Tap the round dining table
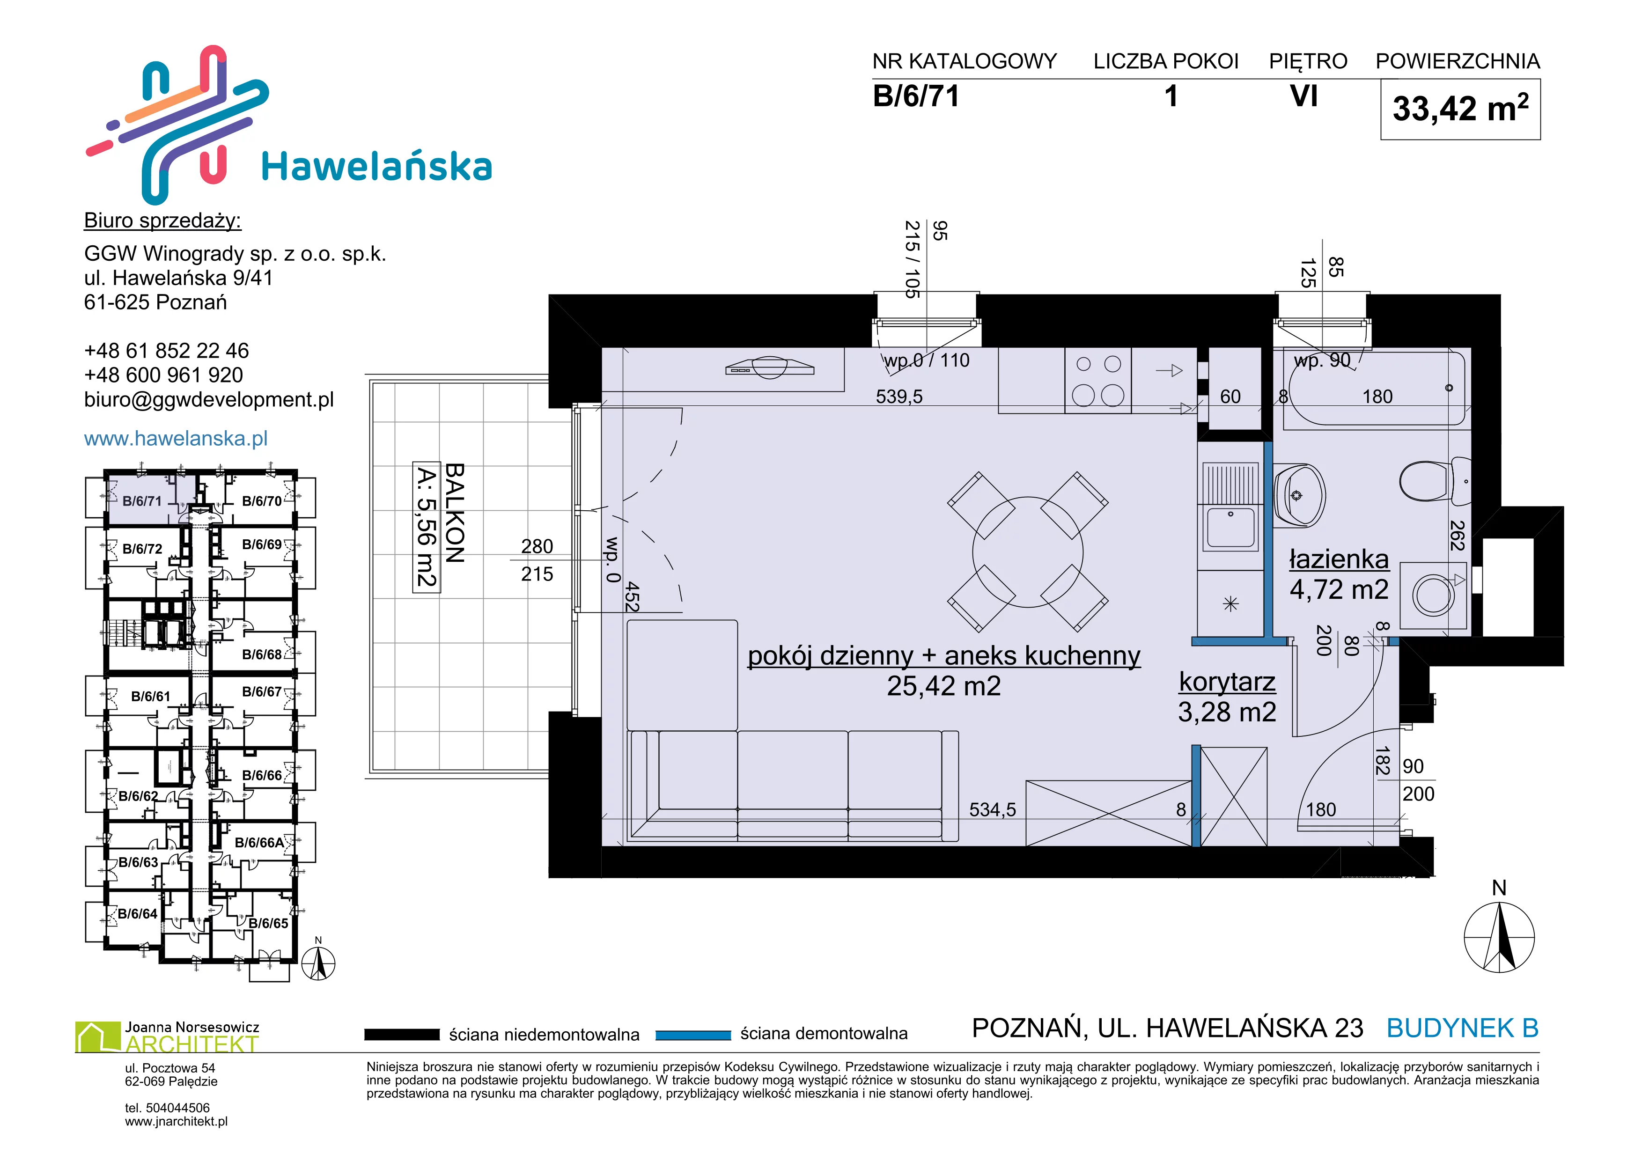pyautogui.click(x=1028, y=552)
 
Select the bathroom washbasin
pyautogui.click(x=1299, y=495)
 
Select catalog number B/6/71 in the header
pyautogui.click(x=916, y=96)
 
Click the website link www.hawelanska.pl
pyautogui.click(x=176, y=438)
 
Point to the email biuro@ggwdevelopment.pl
pyautogui.click(x=209, y=400)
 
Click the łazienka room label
pyautogui.click(x=1339, y=559)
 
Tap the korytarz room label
pyautogui.click(x=1227, y=681)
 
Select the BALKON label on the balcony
pyautogui.click(x=455, y=513)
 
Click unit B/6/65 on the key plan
pyautogui.click(x=268, y=923)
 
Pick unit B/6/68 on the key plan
pyautogui.click(x=262, y=654)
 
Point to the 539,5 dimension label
pyautogui.click(x=899, y=397)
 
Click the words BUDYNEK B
pyautogui.click(x=1463, y=1028)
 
